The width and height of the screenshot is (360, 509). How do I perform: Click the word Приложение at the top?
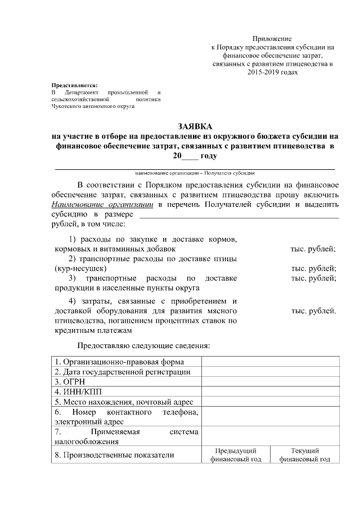pyautogui.click(x=272, y=39)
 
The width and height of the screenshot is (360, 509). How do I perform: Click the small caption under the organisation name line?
pyautogui.click(x=195, y=173)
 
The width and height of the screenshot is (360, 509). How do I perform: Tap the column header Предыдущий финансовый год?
pyautogui.click(x=236, y=455)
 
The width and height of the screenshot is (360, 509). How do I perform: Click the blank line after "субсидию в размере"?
pyautogui.click(x=238, y=214)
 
